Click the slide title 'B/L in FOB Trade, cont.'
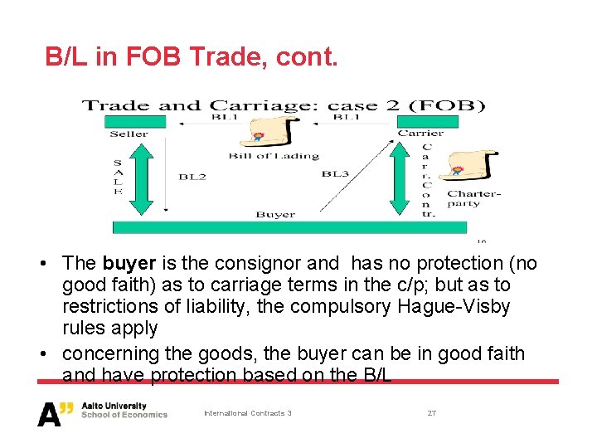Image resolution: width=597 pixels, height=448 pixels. point(192,57)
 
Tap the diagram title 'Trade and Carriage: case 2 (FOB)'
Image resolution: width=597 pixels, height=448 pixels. point(283,105)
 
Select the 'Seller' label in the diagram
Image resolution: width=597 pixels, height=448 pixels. point(129,134)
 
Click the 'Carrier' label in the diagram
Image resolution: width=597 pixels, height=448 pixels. point(420,133)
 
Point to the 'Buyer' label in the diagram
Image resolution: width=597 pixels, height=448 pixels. point(275,215)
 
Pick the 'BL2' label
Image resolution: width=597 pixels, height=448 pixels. point(192,177)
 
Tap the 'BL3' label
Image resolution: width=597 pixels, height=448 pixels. point(335,174)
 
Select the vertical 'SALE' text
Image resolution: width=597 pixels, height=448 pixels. point(117,177)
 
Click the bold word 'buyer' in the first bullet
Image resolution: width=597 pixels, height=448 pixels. point(129,264)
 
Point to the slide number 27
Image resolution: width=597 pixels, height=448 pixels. point(431,413)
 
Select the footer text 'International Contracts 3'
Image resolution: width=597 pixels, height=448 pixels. point(248,413)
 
